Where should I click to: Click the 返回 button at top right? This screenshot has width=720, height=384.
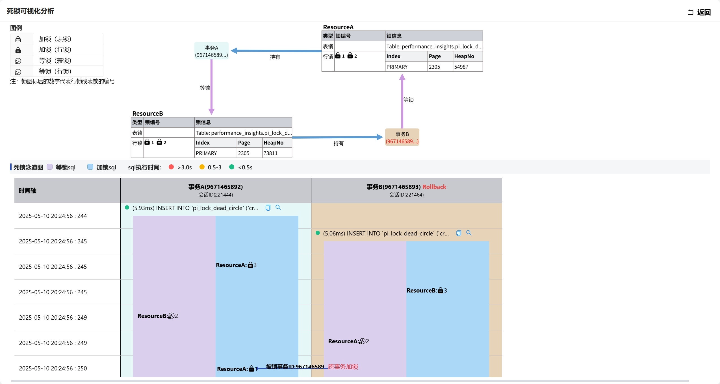click(x=700, y=12)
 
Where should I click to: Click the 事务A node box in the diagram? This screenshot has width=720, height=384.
click(x=211, y=51)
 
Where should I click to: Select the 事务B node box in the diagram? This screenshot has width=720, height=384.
click(x=402, y=138)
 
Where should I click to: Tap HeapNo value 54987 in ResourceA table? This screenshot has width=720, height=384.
click(x=461, y=67)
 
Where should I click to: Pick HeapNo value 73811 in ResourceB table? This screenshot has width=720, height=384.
click(x=270, y=153)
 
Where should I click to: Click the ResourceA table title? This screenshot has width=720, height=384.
click(x=338, y=27)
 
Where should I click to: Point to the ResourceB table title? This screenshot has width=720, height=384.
click(x=148, y=114)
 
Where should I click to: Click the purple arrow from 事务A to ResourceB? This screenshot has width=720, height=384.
click(x=211, y=85)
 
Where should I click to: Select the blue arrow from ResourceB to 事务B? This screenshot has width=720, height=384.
click(x=336, y=137)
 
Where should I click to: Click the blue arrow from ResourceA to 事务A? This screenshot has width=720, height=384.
click(x=277, y=51)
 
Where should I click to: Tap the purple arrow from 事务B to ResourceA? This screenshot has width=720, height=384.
click(x=402, y=102)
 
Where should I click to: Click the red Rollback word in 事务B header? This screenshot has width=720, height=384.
click(x=434, y=187)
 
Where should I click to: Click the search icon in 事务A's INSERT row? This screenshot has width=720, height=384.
click(x=278, y=208)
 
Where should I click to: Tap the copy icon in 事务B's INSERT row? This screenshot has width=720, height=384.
click(x=459, y=233)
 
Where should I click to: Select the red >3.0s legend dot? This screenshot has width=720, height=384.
click(x=171, y=167)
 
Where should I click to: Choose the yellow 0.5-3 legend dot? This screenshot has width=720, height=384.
click(x=202, y=167)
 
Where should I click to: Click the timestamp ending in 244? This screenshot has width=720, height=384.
click(x=53, y=216)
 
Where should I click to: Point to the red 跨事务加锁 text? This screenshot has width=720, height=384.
click(x=343, y=367)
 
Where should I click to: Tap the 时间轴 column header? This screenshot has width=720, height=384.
click(x=27, y=191)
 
